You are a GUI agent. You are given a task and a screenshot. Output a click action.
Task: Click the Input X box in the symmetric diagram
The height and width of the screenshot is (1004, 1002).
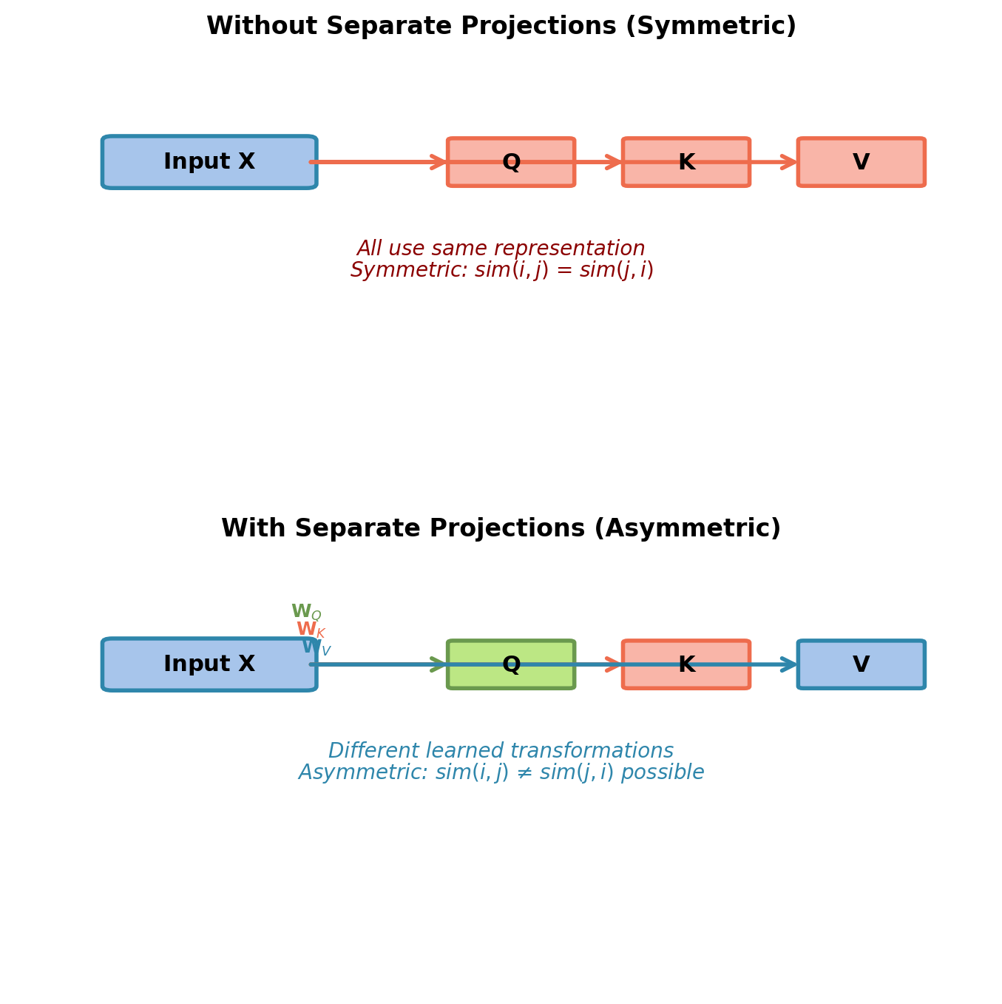209,162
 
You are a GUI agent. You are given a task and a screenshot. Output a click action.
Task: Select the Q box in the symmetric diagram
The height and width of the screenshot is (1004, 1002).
511,162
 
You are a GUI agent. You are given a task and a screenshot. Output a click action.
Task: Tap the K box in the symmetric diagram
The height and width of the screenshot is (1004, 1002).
686,162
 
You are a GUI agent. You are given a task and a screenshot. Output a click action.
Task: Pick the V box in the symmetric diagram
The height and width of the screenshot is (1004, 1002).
861,162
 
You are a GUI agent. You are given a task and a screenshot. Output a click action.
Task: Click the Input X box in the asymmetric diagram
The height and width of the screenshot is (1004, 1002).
209,664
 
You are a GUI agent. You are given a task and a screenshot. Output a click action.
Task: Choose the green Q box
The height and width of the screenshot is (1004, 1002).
511,664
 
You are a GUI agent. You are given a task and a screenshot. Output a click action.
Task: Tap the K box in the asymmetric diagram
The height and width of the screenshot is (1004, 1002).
686,664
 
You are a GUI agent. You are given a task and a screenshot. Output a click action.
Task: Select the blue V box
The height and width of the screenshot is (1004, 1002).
861,664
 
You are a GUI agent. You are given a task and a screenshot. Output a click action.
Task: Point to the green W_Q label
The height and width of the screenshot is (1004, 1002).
305,613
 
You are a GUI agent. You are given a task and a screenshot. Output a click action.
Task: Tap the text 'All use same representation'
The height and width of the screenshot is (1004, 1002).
501,249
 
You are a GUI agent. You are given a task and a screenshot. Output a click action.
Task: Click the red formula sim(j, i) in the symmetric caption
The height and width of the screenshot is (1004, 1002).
616,271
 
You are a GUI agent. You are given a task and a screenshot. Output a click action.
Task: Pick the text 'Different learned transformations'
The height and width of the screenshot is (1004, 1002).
501,752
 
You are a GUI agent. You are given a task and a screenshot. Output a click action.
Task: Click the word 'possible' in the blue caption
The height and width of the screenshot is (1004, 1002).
662,773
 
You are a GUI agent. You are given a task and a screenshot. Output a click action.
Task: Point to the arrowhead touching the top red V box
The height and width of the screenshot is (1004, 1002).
791,162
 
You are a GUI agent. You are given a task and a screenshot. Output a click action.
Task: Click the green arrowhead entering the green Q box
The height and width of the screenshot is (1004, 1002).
439,664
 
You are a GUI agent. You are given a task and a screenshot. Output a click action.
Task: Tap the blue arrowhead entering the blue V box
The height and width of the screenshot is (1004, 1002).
790,664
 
